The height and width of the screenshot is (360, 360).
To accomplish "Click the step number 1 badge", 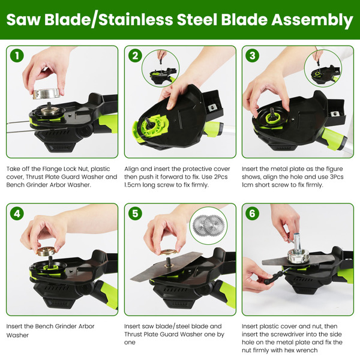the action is [x=17, y=56].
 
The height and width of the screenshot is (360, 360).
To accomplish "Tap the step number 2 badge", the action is [x=135, y=56].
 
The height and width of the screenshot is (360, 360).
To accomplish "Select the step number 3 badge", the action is [x=253, y=56].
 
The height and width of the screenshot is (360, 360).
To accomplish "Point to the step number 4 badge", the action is [x=17, y=214].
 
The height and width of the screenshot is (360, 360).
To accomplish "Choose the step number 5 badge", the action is [x=135, y=213].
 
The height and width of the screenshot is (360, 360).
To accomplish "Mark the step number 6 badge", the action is [x=253, y=213].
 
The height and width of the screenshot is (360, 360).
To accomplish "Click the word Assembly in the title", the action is [x=312, y=20].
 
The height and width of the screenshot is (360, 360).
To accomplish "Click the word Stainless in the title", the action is [x=136, y=19].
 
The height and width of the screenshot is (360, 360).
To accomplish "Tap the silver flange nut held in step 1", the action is [x=47, y=94].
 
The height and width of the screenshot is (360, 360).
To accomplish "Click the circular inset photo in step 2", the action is [x=160, y=68].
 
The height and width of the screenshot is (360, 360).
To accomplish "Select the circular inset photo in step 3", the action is [x=323, y=68].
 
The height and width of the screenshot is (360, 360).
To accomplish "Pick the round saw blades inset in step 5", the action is [x=208, y=225].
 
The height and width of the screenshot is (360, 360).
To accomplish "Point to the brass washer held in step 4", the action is [x=46, y=251].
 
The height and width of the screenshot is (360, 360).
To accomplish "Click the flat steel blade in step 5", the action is [x=167, y=266].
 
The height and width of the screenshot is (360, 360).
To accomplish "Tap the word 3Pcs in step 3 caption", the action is [x=336, y=177].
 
